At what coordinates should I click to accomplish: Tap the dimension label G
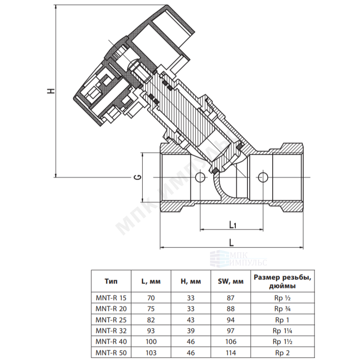[138, 177]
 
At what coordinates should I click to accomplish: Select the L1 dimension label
[233, 225]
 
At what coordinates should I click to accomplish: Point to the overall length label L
[231, 243]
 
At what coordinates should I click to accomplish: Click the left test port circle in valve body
[200, 177]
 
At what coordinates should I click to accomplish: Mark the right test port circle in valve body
[263, 177]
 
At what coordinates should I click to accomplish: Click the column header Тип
[111, 281]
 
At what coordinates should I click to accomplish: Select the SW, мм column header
[230, 282]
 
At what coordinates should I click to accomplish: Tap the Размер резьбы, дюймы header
[283, 282]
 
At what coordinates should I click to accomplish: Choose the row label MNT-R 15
[111, 298]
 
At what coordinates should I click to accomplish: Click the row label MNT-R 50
[111, 352]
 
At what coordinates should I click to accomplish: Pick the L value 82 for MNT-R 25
[151, 320]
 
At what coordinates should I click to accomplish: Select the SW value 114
[230, 352]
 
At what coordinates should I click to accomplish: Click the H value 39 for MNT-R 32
[191, 331]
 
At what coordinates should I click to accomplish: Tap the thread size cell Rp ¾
[283, 309]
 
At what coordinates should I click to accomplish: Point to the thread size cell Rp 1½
[283, 342]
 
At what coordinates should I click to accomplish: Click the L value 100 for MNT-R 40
[151, 342]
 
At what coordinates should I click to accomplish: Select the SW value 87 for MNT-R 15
[230, 298]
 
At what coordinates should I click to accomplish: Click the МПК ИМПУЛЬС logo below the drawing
[238, 258]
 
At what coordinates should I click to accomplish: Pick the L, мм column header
[151, 282]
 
